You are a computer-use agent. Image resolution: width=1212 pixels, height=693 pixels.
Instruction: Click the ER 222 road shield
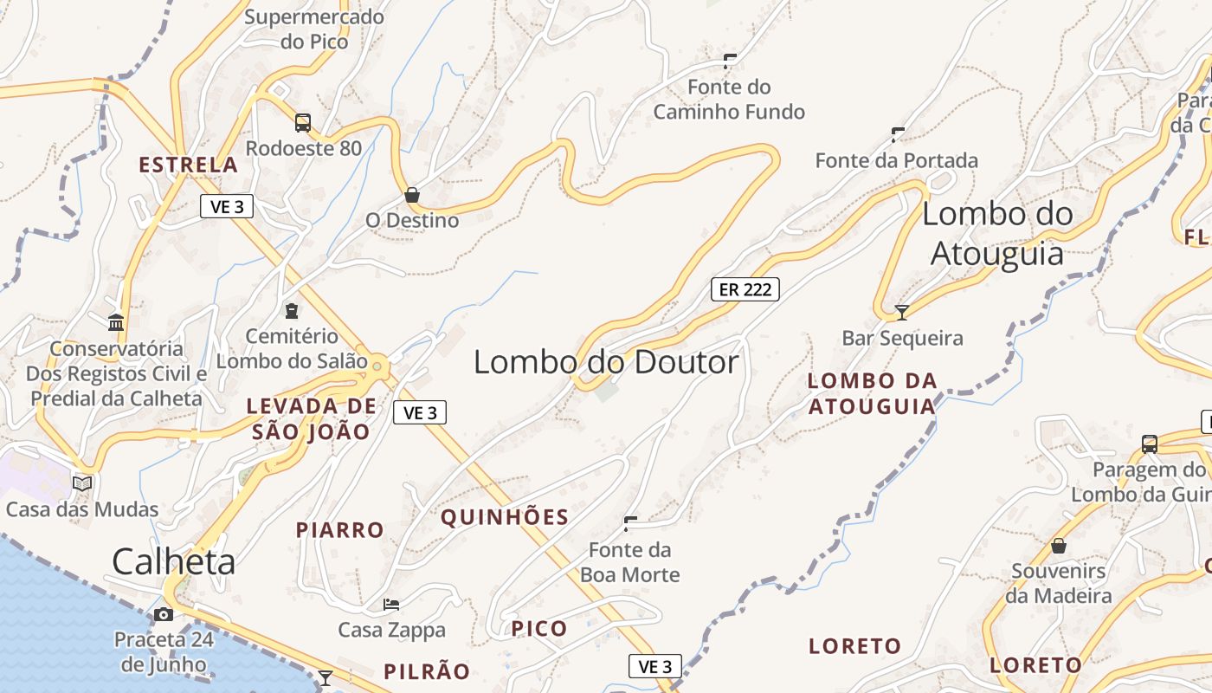(745, 289)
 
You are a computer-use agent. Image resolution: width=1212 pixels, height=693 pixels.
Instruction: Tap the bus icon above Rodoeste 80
(302, 123)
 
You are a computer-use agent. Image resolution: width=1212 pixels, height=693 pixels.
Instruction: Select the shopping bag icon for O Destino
(412, 195)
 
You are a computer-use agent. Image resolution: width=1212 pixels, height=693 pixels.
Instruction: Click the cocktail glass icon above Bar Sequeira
(902, 312)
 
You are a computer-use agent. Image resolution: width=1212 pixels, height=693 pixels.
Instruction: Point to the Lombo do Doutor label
(606, 362)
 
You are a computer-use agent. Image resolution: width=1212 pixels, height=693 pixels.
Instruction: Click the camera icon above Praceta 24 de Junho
(163, 615)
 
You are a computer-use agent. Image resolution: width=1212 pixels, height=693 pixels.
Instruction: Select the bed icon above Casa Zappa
(391, 604)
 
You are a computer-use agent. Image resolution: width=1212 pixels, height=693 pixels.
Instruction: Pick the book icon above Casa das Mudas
(82, 483)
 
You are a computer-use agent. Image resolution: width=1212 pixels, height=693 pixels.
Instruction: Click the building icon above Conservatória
(116, 323)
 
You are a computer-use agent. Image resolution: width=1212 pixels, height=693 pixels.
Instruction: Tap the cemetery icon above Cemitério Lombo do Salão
(292, 310)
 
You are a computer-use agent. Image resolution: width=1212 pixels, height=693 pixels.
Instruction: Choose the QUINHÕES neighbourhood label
(505, 518)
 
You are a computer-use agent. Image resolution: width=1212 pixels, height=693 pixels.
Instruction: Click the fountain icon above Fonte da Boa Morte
(630, 523)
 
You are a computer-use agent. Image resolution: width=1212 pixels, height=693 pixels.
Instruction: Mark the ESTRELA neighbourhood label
(188, 165)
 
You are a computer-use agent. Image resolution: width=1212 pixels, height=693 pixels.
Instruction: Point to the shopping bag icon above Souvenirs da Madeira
(1058, 546)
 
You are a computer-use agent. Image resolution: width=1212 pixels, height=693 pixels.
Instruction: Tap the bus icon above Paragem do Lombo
(1149, 444)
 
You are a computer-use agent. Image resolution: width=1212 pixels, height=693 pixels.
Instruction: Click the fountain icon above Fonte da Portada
(898, 134)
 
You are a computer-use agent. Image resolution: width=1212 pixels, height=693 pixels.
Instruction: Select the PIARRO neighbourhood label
(340, 530)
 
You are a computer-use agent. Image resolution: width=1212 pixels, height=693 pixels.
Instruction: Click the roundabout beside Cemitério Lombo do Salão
(377, 367)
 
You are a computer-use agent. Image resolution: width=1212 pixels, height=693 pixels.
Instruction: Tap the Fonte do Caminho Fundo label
(729, 100)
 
